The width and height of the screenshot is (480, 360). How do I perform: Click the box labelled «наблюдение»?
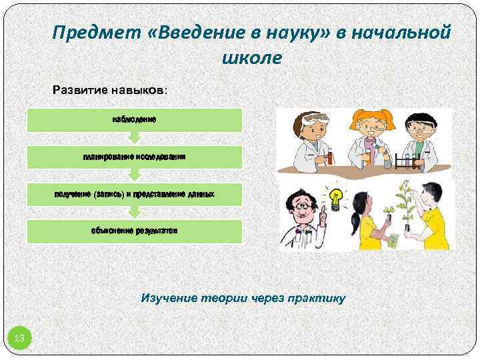tap(134, 119)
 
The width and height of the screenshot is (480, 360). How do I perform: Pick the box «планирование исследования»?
tap(134, 157)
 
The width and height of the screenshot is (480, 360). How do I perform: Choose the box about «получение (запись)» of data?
tap(134, 193)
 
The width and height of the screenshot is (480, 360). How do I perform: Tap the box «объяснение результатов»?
tap(134, 230)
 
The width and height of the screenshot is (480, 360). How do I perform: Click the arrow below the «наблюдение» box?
tap(134, 137)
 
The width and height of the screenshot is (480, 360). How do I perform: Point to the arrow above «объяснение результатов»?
tap(134, 211)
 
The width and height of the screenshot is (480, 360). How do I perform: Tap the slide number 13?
tap(19, 339)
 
